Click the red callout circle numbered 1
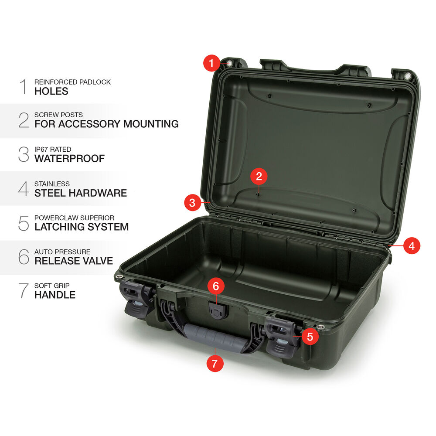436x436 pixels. click(x=211, y=63)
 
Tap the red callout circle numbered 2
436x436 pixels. click(x=259, y=176)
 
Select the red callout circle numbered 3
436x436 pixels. click(x=192, y=203)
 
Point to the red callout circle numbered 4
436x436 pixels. click(x=412, y=245)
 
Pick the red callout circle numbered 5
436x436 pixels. click(x=310, y=337)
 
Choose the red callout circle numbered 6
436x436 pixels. click(x=216, y=286)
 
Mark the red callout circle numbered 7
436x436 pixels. click(x=215, y=364)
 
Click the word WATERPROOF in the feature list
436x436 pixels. click(x=69, y=159)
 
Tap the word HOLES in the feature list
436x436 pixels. click(x=51, y=91)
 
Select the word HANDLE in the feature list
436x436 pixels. click(x=55, y=295)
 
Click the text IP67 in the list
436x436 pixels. click(x=41, y=149)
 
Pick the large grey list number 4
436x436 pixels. click(x=24, y=189)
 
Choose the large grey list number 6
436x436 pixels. click(x=24, y=257)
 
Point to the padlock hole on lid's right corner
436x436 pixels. click(x=407, y=76)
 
